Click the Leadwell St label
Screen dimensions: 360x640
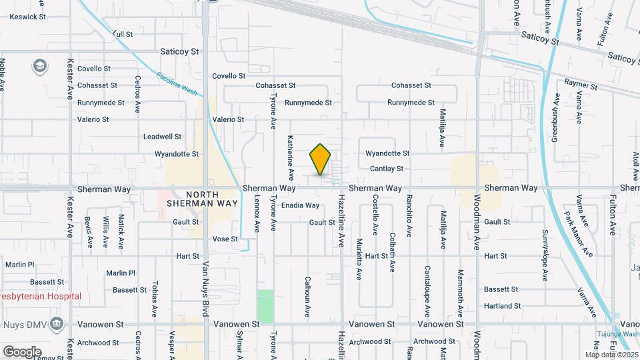[x=162, y=137]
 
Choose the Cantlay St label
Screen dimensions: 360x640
[x=387, y=169]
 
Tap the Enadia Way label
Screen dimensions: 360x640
[x=300, y=206]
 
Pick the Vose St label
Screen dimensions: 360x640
[x=225, y=239]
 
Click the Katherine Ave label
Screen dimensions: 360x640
[x=291, y=158]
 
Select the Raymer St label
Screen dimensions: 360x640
[x=578, y=83]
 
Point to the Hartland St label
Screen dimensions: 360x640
[x=502, y=306]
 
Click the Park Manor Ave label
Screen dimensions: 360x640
[x=578, y=234]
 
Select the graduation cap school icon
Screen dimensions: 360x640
[x=39, y=65]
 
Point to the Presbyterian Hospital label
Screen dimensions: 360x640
[x=41, y=296]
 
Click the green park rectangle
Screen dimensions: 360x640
[x=265, y=305]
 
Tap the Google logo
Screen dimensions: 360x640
[x=22, y=351]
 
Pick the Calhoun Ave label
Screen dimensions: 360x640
[x=307, y=297]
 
